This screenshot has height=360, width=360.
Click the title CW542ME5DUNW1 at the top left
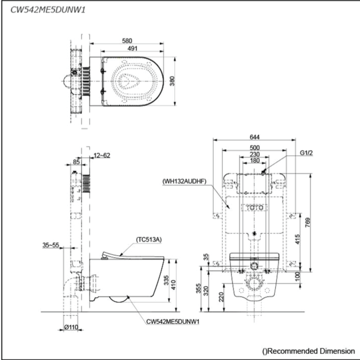[48, 10]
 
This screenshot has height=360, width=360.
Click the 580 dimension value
[127, 41]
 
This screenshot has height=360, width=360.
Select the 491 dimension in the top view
[133, 49]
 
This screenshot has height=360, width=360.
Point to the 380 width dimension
[172, 81]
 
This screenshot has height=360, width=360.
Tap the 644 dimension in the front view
[255, 137]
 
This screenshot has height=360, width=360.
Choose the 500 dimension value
[255, 147]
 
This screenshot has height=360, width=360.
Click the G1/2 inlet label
[306, 153]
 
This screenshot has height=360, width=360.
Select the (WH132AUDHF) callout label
[184, 181]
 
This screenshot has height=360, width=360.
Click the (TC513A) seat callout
[149, 240]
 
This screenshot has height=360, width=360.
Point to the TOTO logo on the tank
[255, 208]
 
